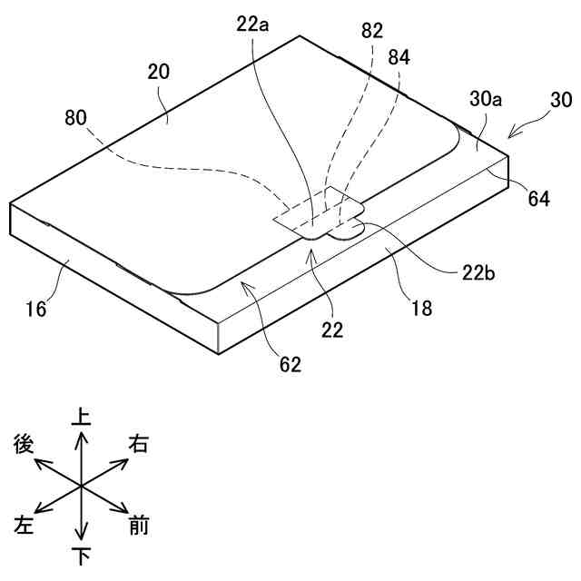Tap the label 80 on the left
tap(77, 118)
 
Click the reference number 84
tap(398, 57)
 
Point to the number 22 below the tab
tap(333, 330)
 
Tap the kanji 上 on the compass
tap(82, 417)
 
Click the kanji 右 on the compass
tap(139, 444)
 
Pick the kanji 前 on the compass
tap(139, 526)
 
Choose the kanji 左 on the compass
tap(25, 526)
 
